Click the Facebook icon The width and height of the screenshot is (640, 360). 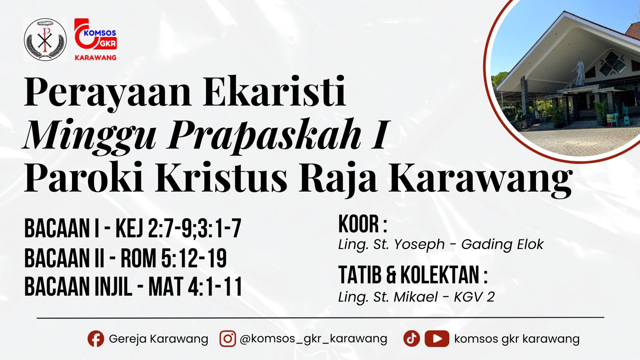pyautogui.click(x=96, y=339)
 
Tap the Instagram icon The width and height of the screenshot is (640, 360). pyautogui.click(x=228, y=339)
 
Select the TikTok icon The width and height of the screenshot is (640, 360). pyautogui.click(x=412, y=338)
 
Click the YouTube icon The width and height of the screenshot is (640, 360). pyautogui.click(x=437, y=339)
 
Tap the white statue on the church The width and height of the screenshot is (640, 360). pyautogui.click(x=579, y=72)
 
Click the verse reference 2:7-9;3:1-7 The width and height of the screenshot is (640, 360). pyautogui.click(x=194, y=229)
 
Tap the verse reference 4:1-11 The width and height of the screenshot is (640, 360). pyautogui.click(x=215, y=287)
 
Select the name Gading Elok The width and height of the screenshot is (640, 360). pyautogui.click(x=502, y=244)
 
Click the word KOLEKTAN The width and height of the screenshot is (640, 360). pyautogui.click(x=444, y=275)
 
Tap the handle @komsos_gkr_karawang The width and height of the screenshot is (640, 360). pyautogui.click(x=313, y=339)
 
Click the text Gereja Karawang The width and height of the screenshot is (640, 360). pyautogui.click(x=158, y=339)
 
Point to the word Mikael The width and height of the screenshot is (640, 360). pyautogui.click(x=416, y=297)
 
